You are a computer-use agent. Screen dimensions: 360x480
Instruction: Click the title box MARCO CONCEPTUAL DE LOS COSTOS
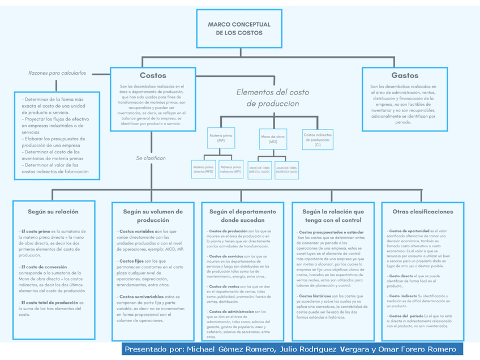pyautogui.click(x=239, y=28)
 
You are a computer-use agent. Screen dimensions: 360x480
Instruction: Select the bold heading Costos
pyautogui.click(x=153, y=75)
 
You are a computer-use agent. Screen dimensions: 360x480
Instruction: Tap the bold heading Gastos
pyautogui.click(x=405, y=75)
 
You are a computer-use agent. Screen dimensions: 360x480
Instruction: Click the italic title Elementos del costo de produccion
pyautogui.click(x=272, y=97)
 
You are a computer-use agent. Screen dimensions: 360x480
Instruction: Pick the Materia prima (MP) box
pyautogui.click(x=220, y=138)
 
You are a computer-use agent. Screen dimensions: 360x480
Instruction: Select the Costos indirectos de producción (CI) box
pyautogui.click(x=317, y=139)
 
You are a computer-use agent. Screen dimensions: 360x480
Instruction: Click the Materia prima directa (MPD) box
pyautogui.click(x=203, y=169)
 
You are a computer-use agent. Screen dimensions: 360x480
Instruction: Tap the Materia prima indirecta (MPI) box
pyautogui.click(x=231, y=169)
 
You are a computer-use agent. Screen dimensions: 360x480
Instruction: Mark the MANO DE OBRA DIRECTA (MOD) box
pyautogui.click(x=259, y=169)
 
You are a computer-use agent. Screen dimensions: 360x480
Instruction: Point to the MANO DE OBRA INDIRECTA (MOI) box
pyautogui.click(x=286, y=169)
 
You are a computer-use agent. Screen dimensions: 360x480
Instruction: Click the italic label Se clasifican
pyautogui.click(x=151, y=158)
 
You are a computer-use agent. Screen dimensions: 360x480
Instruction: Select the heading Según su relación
pyautogui.click(x=53, y=212)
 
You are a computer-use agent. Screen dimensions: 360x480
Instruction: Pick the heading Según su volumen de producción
pyautogui.click(x=153, y=216)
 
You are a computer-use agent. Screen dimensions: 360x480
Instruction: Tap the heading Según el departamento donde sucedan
pyautogui.click(x=243, y=216)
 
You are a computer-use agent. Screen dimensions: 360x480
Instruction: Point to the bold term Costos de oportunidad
pyautogui.click(x=409, y=231)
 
